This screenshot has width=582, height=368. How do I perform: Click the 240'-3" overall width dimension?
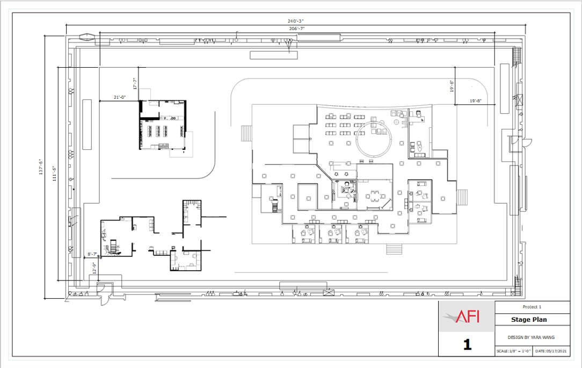[295, 21]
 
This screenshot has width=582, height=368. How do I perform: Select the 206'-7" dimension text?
[297, 28]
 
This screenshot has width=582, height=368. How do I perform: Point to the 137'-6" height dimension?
[41, 167]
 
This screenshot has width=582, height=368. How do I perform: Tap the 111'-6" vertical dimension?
[55, 174]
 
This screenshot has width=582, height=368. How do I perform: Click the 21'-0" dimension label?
[120, 97]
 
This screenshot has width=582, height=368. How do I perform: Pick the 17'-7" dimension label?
[135, 84]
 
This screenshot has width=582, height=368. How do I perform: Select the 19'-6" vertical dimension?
[452, 86]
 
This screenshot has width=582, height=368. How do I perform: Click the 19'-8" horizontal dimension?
[476, 101]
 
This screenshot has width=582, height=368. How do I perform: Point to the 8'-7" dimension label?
[92, 254]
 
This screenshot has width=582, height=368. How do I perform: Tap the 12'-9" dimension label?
[94, 268]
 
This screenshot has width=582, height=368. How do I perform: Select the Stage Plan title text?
[528, 319]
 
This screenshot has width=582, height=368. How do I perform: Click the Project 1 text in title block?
[532, 307]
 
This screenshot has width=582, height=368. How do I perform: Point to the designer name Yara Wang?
[531, 337]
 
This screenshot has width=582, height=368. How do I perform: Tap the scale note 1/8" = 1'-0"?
[514, 351]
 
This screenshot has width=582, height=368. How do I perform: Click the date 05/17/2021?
[551, 351]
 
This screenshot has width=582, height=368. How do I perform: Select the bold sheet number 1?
[467, 344]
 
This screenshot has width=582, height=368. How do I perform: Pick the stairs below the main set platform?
[395, 249]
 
